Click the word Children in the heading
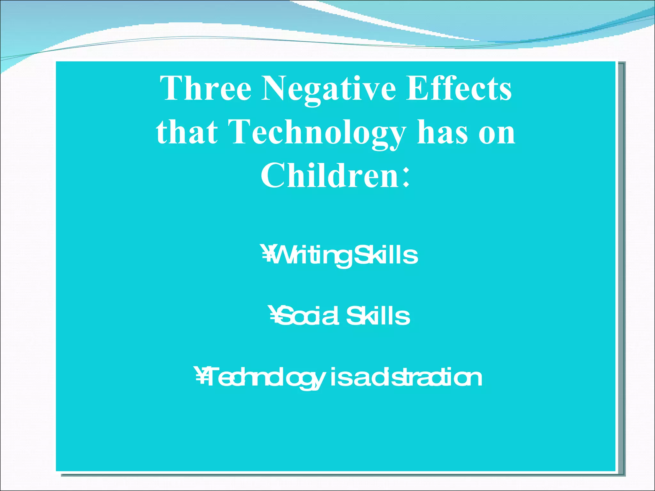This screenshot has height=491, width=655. (329, 175)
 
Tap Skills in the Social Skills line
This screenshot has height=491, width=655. (378, 316)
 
